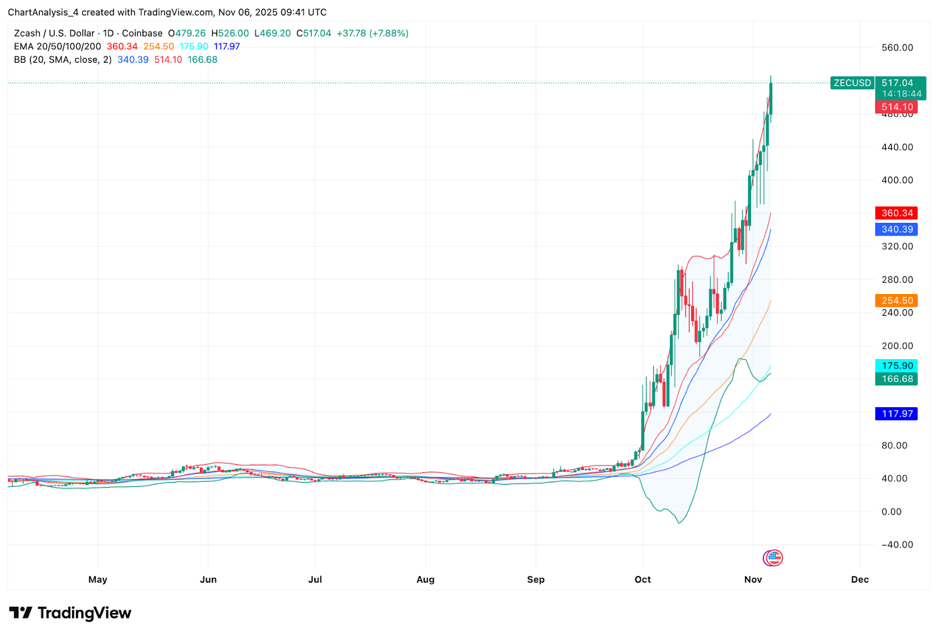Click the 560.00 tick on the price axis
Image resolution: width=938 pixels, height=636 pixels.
pos(897,48)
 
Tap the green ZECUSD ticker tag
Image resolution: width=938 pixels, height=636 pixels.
pos(852,83)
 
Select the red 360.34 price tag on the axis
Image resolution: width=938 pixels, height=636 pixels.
pos(896,213)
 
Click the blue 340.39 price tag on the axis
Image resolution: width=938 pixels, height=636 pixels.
pos(896,229)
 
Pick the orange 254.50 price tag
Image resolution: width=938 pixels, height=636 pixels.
pos(896,300)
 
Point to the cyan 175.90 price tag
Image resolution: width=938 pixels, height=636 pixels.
pos(896,366)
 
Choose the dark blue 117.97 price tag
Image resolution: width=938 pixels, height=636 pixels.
pos(896,414)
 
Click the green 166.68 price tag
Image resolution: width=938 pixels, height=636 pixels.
pos(896,379)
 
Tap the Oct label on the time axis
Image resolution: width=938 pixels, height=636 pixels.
pos(643,579)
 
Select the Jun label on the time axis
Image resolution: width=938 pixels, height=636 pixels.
pos(208,579)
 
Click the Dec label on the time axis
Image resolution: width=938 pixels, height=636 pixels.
pos(859,579)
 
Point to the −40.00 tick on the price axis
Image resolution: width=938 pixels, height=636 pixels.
pos(897,544)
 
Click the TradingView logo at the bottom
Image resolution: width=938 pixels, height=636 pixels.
pos(70,613)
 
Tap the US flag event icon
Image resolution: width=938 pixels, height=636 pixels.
pos(774,557)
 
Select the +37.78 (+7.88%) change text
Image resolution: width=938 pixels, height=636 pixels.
pos(372,33)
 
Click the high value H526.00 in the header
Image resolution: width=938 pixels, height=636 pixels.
pos(230,33)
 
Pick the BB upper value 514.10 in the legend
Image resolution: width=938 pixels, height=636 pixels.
pos(168,60)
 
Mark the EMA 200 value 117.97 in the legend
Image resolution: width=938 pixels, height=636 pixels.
pos(227,46)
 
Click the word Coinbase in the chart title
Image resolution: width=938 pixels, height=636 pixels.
pos(142,33)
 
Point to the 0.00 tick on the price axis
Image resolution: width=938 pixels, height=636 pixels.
pos(891,512)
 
